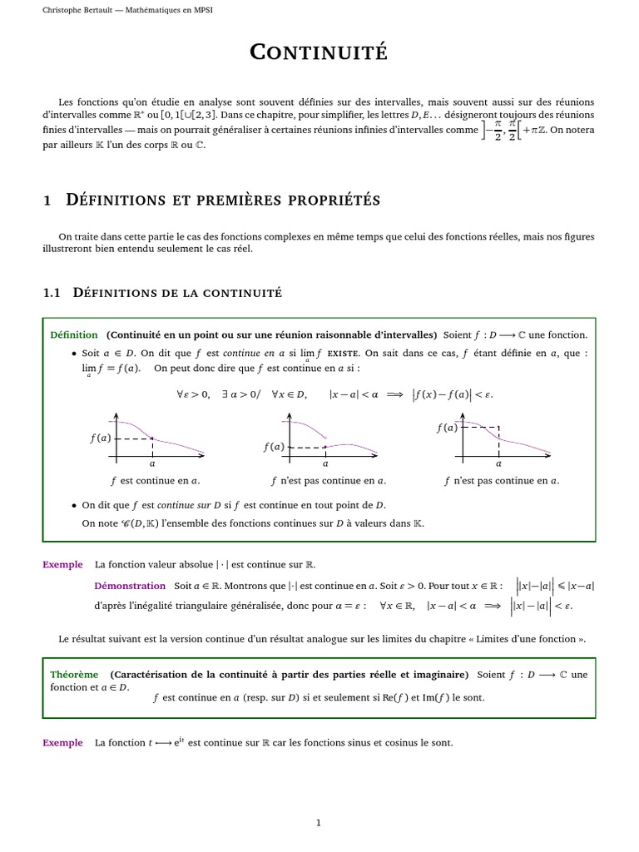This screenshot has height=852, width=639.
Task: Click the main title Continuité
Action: (x=319, y=52)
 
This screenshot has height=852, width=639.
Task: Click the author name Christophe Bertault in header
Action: (x=80, y=11)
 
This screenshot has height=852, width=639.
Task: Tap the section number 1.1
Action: (x=52, y=292)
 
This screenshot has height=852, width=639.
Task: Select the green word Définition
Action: (x=73, y=334)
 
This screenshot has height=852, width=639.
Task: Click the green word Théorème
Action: (x=74, y=674)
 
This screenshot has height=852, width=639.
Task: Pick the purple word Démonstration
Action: (x=130, y=586)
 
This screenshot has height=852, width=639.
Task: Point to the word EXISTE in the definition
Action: (x=344, y=353)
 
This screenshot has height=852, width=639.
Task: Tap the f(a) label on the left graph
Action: (x=100, y=438)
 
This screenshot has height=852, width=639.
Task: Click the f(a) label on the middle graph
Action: (x=274, y=447)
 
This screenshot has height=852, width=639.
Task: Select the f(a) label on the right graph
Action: (x=447, y=428)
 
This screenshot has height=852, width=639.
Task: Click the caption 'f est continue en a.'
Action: (x=155, y=480)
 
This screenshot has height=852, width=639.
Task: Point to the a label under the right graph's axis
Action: (x=498, y=464)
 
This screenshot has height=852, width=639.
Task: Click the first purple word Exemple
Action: (x=62, y=564)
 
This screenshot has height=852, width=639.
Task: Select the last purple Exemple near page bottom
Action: (x=62, y=742)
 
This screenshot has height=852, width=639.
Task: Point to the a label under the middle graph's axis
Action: (x=325, y=464)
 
